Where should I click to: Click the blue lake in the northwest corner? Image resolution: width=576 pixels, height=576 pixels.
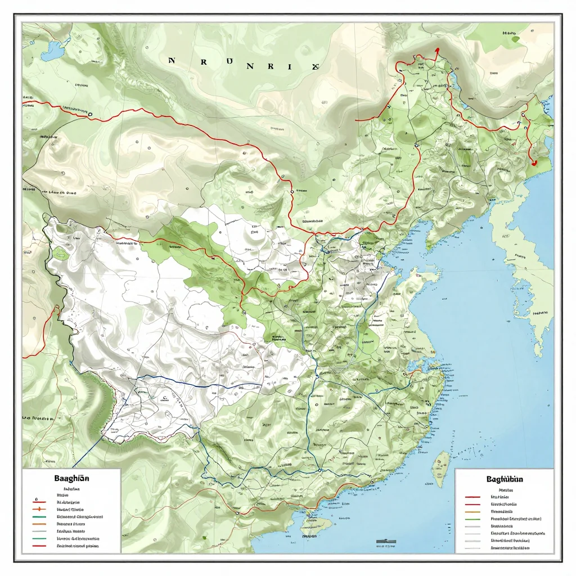[55, 52]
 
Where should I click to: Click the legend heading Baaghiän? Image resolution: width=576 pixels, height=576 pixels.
[71, 478]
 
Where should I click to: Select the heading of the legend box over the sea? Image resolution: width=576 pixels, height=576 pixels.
[504, 479]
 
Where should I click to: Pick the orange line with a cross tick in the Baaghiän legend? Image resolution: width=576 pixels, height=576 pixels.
[39, 508]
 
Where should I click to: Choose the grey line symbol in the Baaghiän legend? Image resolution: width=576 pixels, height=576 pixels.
[39, 531]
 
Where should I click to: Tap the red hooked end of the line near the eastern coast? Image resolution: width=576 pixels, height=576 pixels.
[533, 162]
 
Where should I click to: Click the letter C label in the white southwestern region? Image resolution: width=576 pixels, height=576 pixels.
[165, 397]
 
